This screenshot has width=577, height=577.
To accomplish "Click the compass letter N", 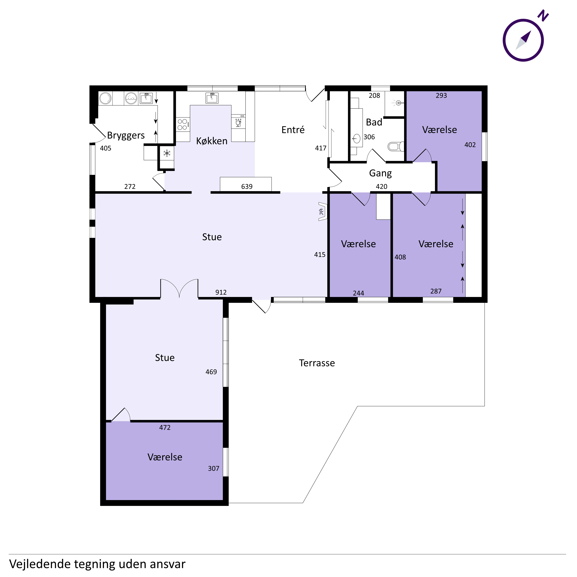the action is (543, 16).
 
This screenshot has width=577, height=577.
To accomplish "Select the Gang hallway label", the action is (380, 173).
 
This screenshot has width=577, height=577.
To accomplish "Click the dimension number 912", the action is (221, 292).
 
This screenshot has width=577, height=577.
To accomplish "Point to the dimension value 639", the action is (247, 187).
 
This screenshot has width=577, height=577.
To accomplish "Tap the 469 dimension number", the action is (211, 372).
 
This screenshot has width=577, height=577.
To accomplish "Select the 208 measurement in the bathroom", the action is (374, 96).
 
